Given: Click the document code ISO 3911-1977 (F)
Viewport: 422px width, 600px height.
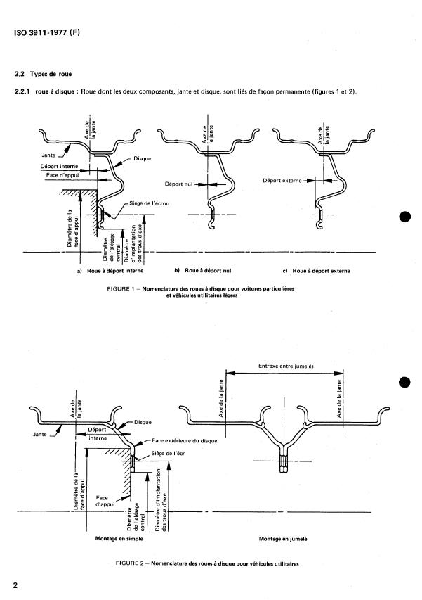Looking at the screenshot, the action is [x=47, y=32].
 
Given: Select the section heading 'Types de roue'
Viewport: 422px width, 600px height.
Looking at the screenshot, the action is [x=51, y=74].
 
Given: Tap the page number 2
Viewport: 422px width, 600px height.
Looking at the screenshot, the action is [x=15, y=585].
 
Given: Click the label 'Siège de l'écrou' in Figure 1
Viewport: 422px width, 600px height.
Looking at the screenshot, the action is [x=150, y=203].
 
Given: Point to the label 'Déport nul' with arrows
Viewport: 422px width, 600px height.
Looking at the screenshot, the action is [x=179, y=184].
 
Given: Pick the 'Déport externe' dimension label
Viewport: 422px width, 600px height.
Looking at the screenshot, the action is [x=282, y=180].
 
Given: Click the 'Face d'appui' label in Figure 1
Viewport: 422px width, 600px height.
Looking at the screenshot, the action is [x=62, y=175].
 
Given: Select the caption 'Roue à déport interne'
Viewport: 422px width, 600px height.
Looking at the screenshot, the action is [x=115, y=271].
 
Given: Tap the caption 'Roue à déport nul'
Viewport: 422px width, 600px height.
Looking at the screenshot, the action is [x=208, y=271].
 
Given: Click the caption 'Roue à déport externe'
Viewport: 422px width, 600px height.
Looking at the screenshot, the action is [x=321, y=271].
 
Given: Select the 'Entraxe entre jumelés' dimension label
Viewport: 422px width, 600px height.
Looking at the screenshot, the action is [x=286, y=366].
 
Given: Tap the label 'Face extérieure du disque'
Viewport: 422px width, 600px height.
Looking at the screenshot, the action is [x=185, y=441].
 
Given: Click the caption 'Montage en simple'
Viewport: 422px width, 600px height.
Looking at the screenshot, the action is [x=119, y=538].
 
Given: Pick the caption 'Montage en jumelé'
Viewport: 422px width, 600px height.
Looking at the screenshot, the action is [x=283, y=538].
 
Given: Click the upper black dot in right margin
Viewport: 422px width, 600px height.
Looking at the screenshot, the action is [x=405, y=217].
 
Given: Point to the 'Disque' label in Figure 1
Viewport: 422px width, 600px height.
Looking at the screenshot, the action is [x=142, y=158].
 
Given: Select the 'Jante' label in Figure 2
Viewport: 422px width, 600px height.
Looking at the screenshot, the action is [x=40, y=434].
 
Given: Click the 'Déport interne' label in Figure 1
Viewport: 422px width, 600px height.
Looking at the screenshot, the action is [x=59, y=167].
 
